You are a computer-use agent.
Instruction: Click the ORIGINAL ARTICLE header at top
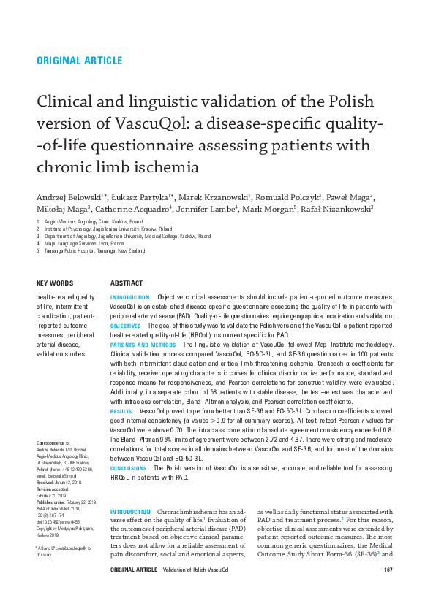79,61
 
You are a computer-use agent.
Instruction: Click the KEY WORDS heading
55,283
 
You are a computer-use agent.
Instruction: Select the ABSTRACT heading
127,283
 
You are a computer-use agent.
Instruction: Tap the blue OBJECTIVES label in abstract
125,325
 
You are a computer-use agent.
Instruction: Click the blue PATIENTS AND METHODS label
143,344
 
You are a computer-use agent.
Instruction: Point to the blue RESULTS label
121,412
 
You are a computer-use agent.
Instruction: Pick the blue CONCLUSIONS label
129,467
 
